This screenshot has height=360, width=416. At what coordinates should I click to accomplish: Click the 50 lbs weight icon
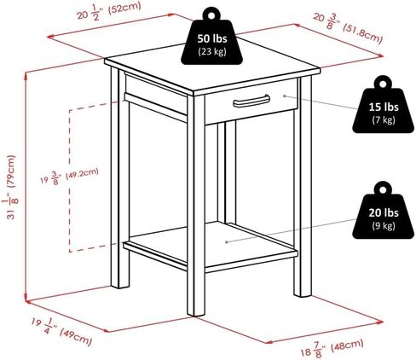tap(211, 36)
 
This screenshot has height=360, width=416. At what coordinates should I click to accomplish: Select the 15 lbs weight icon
tap(383, 104)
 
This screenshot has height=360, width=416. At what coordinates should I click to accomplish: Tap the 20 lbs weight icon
tap(383, 210)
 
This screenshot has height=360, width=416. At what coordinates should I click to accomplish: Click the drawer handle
tap(251, 102)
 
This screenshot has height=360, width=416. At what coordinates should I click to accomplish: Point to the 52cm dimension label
tap(109, 12)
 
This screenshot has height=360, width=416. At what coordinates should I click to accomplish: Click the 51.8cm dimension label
tap(348, 28)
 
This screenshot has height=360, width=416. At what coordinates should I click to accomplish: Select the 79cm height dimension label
tap(10, 187)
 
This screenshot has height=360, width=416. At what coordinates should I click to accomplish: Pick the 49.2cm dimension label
tap(69, 177)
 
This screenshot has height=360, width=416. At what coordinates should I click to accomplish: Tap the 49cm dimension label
tap(61, 332)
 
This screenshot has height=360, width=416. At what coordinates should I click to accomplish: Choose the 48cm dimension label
tap(332, 348)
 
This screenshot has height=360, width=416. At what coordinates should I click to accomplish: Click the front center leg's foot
tap(196, 312)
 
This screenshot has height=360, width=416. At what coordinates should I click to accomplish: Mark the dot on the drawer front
tap(284, 96)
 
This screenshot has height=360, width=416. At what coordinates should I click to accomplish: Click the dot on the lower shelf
tap(227, 242)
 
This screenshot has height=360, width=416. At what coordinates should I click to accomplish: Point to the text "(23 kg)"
tap(212, 51)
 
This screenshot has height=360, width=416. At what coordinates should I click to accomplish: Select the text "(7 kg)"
tap(384, 119)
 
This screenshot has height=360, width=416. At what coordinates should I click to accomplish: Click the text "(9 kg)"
tap(384, 225)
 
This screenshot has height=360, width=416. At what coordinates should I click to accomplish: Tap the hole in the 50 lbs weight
tap(211, 15)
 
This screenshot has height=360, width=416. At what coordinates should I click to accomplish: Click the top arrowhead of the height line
tap(26, 75)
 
